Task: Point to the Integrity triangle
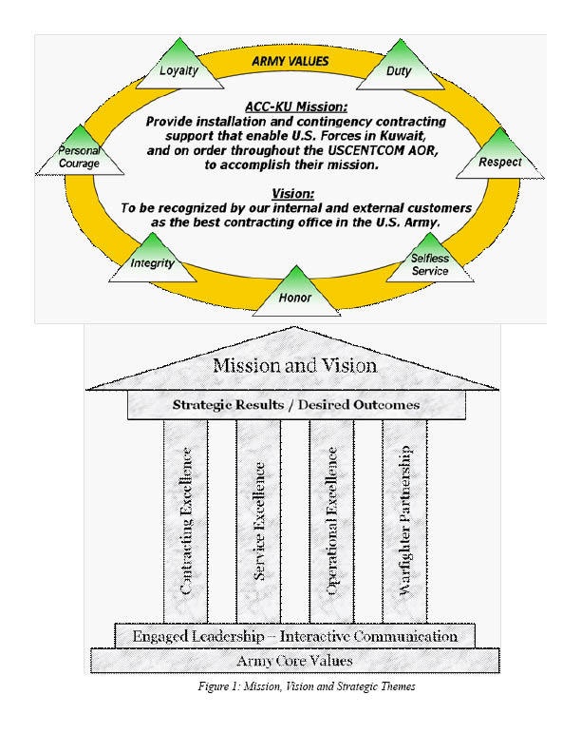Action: [152, 260]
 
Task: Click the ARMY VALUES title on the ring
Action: [290, 61]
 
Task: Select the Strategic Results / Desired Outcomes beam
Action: [294, 405]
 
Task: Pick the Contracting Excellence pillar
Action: [186, 520]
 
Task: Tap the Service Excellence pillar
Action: [259, 520]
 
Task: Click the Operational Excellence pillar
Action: [332, 520]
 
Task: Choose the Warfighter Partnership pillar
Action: [404, 520]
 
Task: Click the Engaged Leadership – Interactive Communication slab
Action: [294, 635]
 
